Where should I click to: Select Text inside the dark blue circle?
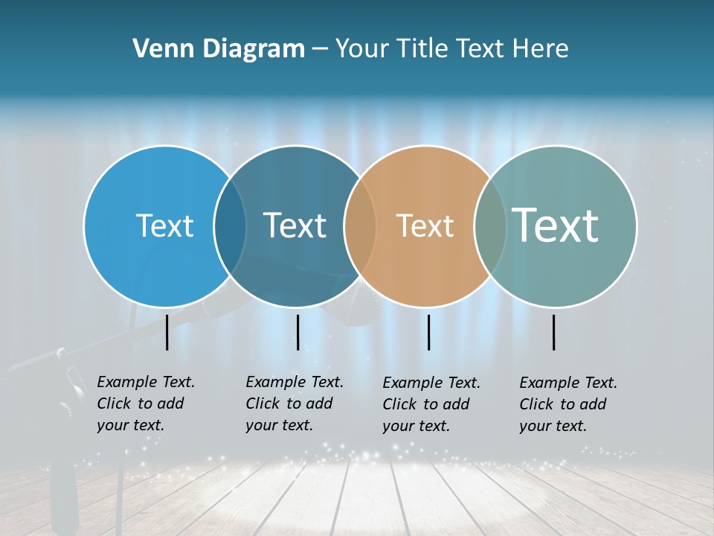(295, 226)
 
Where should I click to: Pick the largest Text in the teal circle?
(555, 225)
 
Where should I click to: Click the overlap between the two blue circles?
(230, 226)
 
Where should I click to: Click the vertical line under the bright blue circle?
(167, 332)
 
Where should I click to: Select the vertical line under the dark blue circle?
(297, 332)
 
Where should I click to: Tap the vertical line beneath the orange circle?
(428, 332)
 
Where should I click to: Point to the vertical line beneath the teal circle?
(554, 332)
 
